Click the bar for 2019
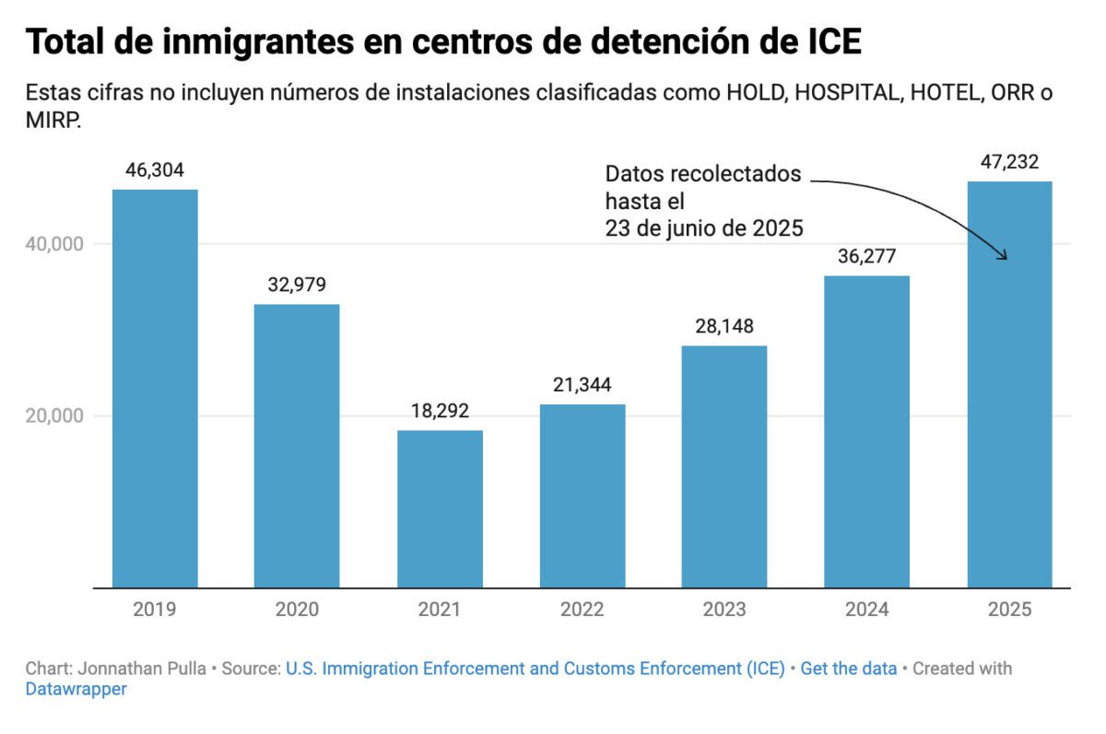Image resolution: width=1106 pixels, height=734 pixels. coord(155,388)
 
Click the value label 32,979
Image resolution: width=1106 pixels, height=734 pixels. coord(297,285)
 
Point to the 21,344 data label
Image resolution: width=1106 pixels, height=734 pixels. coord(582,385)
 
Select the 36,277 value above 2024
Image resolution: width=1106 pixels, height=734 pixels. coord(866,256)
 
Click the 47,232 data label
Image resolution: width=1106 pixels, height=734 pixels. coord(1009,162)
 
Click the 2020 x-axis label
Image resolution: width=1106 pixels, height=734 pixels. coord(297,610)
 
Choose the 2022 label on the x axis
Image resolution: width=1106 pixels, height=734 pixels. coord(582,610)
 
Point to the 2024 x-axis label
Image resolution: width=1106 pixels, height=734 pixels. coord(866,610)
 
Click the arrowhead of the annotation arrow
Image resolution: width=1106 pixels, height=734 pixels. coord(1004,258)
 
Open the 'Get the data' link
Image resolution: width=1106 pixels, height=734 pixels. coord(848,669)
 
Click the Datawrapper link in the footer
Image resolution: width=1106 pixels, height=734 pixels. coord(76,689)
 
